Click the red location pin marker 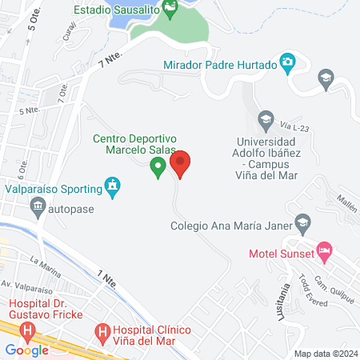[181, 164]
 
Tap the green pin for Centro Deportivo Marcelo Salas [158, 167]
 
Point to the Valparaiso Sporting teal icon [114, 188]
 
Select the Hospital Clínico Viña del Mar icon [102, 330]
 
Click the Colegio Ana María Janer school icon [302, 222]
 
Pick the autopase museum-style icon [37, 209]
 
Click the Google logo [26, 350]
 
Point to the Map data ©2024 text [326, 353]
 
